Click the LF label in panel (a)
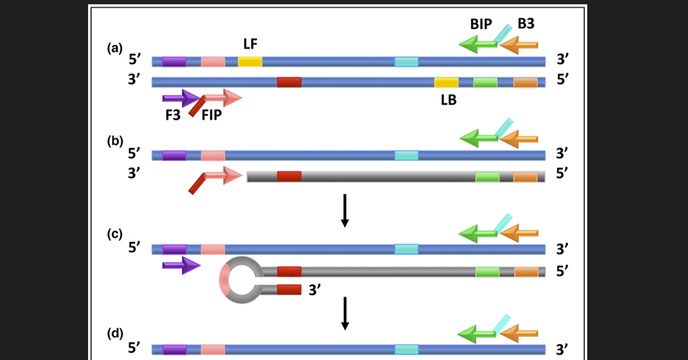pos(251,44)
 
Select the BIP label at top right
pos(480,24)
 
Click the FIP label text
pos(212,116)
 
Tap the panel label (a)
pos(115,48)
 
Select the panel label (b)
pos(115,142)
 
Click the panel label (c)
pos(115,234)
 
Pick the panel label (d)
pos(115,334)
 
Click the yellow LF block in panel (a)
pos(250,62)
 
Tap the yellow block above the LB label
pos(446,83)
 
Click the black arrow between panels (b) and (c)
pos(345,210)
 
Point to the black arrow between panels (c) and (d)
pos(345,313)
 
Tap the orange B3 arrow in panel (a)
pos(519,45)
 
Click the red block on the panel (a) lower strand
pos(289,83)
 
